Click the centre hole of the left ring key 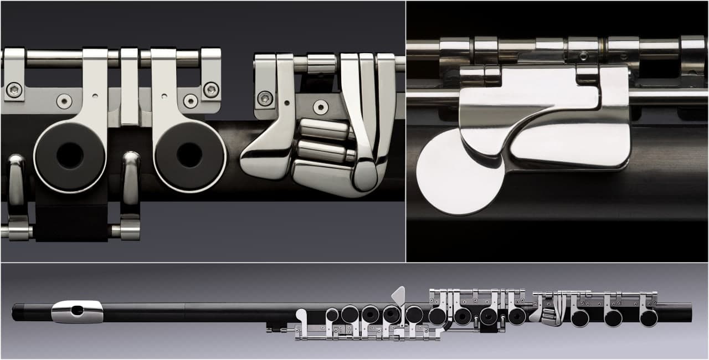(x=70, y=156)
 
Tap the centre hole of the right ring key (x=189, y=156)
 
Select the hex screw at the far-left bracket (x=14, y=89)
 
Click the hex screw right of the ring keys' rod (x=211, y=89)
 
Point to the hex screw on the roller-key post (x=265, y=98)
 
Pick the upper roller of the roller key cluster (x=324, y=129)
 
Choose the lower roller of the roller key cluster (x=323, y=151)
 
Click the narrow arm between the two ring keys (x=130, y=89)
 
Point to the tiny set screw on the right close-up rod (x=583, y=55)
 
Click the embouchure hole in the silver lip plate (x=78, y=311)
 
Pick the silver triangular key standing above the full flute (x=399, y=295)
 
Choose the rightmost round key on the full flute (x=649, y=318)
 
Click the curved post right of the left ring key (x=131, y=177)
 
